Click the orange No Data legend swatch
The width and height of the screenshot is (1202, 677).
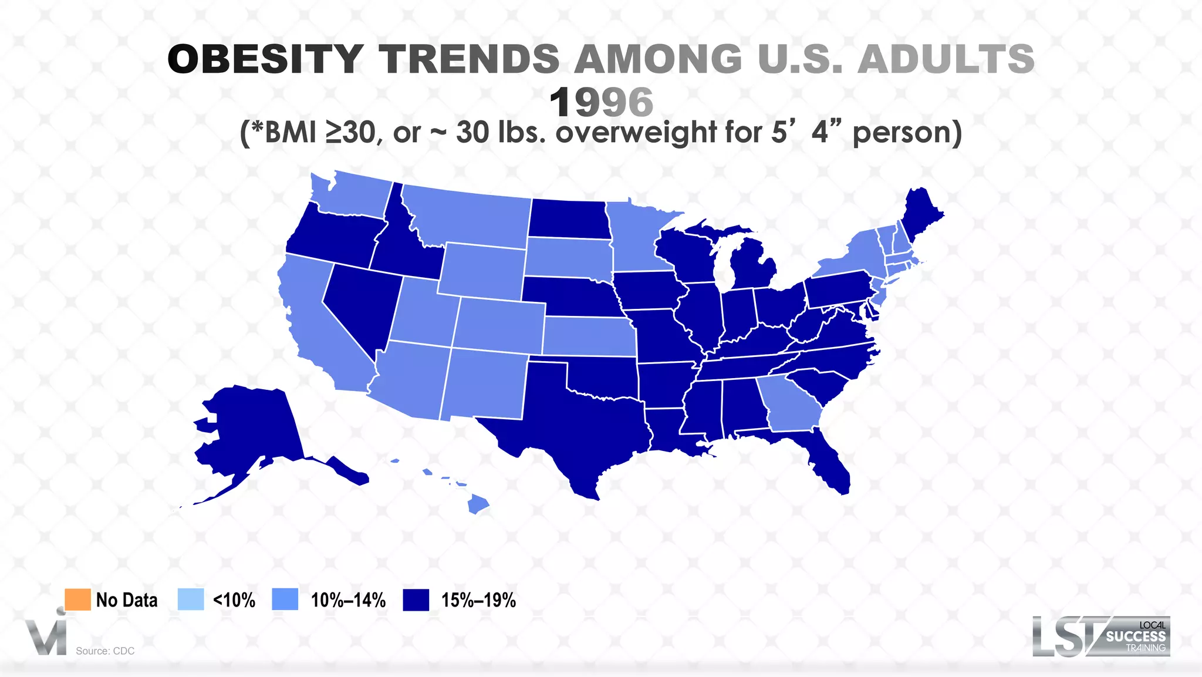tap(77, 599)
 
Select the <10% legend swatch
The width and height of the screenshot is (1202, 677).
tap(191, 599)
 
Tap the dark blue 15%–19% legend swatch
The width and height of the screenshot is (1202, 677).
tap(416, 599)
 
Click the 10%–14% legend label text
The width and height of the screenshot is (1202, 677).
tap(348, 600)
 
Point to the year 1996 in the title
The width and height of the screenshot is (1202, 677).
tap(601, 102)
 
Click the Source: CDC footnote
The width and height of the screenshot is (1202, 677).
tap(105, 651)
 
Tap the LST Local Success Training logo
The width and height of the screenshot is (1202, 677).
tap(1101, 636)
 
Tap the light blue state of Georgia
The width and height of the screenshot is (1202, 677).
tap(789, 402)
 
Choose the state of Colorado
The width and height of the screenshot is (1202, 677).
tap(499, 326)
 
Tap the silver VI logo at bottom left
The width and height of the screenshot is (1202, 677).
tap(46, 636)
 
